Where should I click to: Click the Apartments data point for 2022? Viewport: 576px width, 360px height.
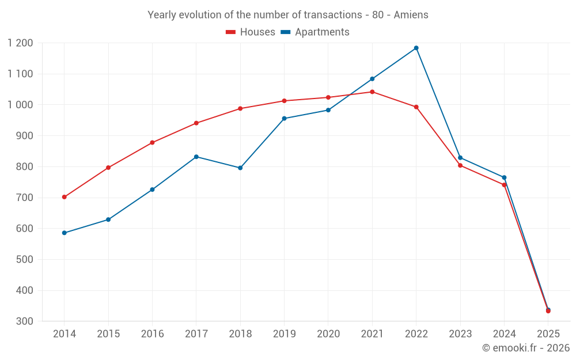[x=416, y=48]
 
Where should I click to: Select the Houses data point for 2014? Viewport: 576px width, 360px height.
[x=64, y=197]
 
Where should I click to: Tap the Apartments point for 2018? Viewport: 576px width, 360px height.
[x=240, y=168]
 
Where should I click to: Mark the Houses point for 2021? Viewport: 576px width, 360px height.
[x=372, y=92]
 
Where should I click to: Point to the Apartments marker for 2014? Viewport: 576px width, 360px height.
[x=64, y=233]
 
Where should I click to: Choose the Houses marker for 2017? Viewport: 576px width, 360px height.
[x=196, y=123]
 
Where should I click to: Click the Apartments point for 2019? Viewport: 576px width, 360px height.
[x=284, y=119]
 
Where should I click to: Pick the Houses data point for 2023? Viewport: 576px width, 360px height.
[x=460, y=165]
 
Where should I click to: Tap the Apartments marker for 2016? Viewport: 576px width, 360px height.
[x=152, y=190]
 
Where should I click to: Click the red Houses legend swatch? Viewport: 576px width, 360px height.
[x=230, y=32]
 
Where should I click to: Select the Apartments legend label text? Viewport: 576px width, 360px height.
[x=322, y=32]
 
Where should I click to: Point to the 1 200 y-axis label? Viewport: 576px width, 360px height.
[x=20, y=43]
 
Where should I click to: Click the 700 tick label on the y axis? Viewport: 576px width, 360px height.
[x=25, y=198]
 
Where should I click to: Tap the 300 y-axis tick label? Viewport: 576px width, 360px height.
[x=25, y=321]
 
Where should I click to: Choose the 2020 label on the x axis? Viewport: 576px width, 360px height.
[x=328, y=334]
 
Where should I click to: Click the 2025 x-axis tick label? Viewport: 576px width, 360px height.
[x=548, y=334]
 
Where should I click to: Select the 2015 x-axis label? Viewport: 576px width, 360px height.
[x=108, y=334]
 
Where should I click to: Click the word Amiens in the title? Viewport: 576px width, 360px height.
[x=411, y=15]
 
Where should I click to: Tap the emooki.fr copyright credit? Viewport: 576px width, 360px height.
[x=525, y=348]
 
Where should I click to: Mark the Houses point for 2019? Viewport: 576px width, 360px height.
[x=284, y=101]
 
